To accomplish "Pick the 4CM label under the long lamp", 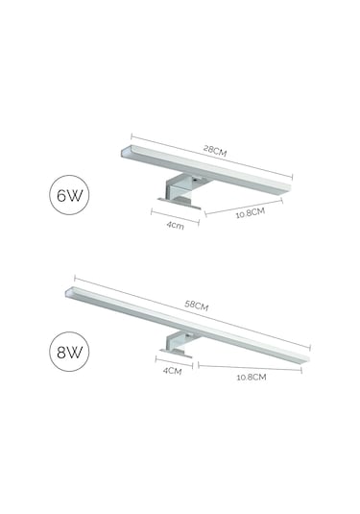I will click(171, 371).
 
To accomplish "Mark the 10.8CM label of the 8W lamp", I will click(251, 377).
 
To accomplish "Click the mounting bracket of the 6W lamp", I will click(179, 192).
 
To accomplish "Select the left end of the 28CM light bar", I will click(127, 154).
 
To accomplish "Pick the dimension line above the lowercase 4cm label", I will click(175, 217).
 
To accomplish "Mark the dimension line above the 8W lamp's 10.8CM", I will click(250, 366).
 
